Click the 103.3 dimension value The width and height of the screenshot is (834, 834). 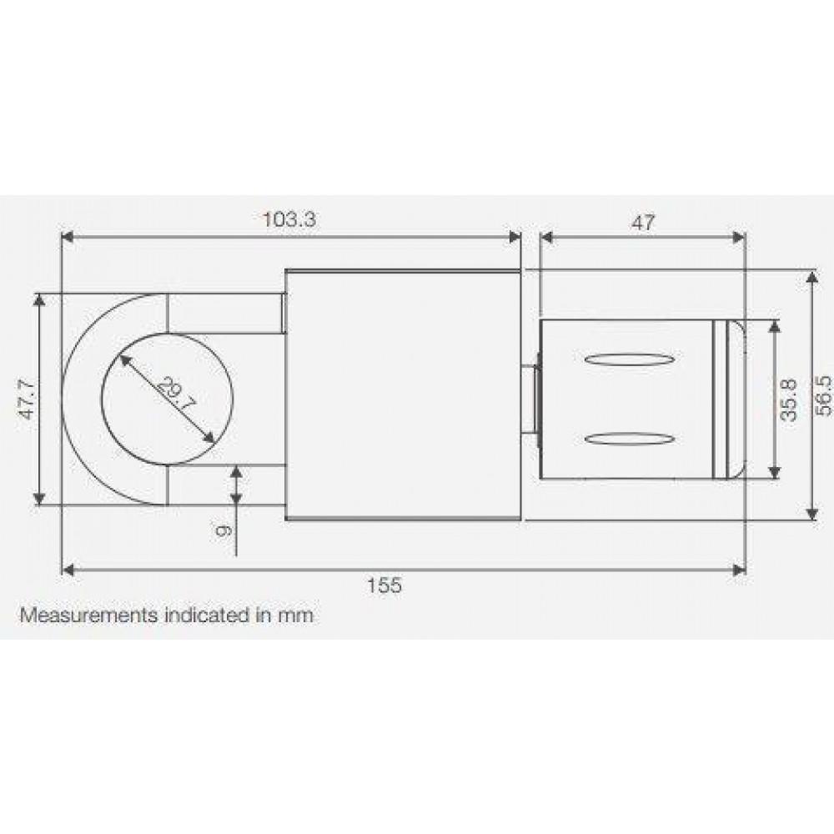tap(289, 219)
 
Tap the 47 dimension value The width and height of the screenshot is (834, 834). tap(643, 223)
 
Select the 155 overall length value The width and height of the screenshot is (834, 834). tap(384, 585)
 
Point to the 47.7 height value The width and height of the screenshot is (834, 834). tap(28, 399)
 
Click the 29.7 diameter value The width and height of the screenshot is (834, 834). tap(177, 395)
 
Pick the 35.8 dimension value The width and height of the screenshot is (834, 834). tap(789, 400)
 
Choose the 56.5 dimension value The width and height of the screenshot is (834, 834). tap(822, 396)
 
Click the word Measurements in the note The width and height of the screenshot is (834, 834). tap(89, 615)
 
